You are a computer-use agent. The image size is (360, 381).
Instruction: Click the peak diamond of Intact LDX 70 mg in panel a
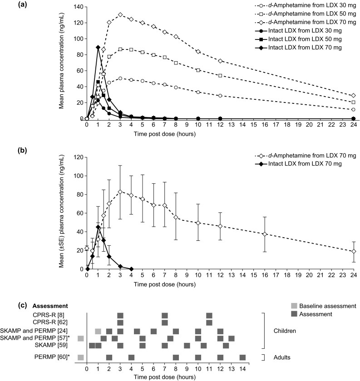(x=98, y=47)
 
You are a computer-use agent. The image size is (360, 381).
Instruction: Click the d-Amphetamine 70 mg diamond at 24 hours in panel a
(x=354, y=96)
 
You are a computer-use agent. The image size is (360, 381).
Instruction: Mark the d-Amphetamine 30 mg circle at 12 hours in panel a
(x=220, y=96)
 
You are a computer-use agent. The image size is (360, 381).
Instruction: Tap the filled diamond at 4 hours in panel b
(x=131, y=269)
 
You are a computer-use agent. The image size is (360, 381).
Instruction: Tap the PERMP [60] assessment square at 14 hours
(x=242, y=357)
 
